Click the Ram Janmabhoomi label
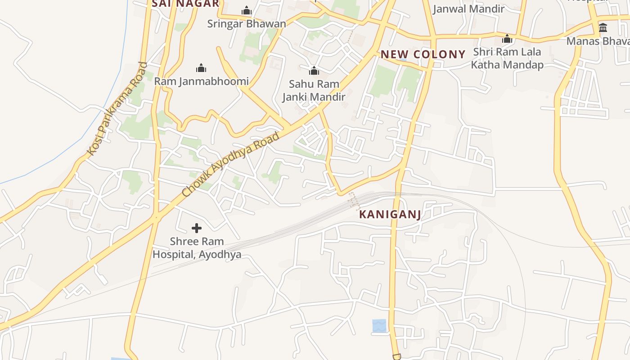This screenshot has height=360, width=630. pos(201,81)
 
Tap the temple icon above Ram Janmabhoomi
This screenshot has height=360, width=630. pos(201,68)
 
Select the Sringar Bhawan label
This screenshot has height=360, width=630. pos(246,24)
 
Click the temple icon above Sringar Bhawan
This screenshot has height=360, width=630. pos(246,10)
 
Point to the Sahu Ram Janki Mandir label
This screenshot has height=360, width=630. pos(314,90)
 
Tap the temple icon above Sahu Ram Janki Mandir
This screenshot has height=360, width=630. pos(314,71)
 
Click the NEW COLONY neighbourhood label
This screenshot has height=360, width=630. pos(423,54)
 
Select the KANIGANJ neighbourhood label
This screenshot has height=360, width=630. pos(390,215)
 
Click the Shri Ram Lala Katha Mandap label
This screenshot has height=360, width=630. pos(507,58)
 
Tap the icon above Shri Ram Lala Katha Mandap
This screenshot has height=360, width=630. pos(507,39)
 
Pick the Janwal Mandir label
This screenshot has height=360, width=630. pos(468,9)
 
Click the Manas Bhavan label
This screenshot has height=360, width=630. pos(598,41)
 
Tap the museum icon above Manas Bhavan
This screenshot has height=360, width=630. pos(603,27)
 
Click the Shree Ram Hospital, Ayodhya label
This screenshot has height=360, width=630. pos(197,248)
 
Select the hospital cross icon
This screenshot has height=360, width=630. pos(197,229)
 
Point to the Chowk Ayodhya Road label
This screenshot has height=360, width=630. pos(231,164)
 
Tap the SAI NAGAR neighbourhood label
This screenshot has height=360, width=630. pos(185,4)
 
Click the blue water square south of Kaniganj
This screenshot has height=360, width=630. pos(379,326)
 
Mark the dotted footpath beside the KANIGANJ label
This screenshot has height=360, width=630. pos(354,201)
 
